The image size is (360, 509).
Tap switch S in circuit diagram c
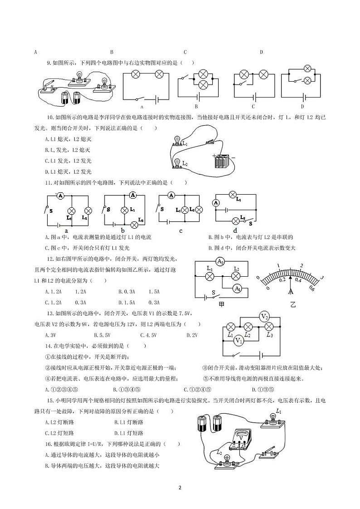pos(159,209)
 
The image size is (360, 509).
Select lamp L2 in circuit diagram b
pos(134,225)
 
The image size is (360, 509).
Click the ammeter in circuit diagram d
pos(216,203)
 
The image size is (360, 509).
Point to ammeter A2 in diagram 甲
pos(220,262)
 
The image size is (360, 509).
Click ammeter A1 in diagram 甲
pos(237,289)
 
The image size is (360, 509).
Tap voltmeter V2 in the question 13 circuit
pos(265,316)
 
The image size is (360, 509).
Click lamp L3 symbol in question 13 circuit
pos(269,327)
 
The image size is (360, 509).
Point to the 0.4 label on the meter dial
pos(298,280)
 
